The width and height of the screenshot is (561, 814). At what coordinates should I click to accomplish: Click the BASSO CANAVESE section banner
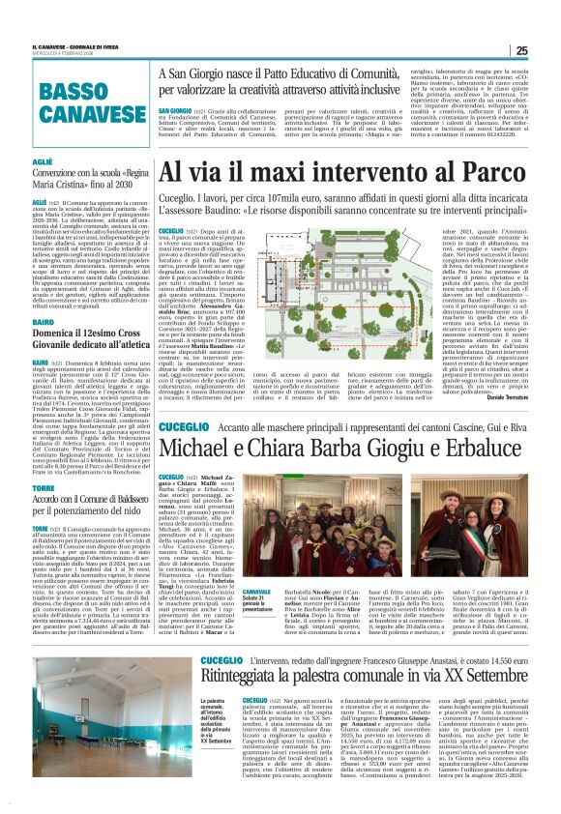point(85,101)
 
